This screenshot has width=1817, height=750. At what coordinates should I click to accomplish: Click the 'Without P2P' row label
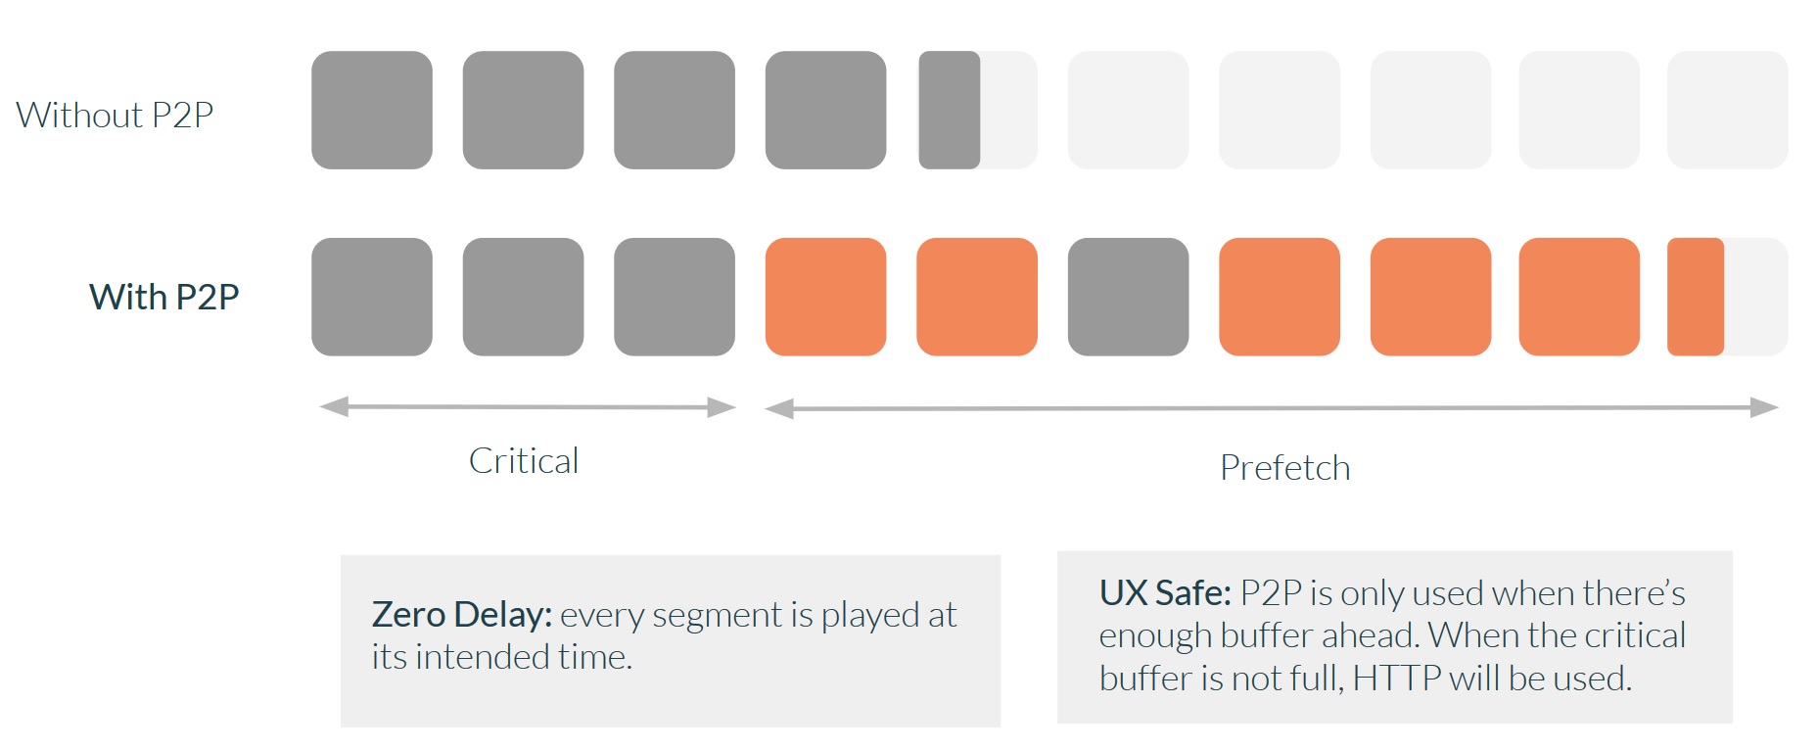(x=115, y=115)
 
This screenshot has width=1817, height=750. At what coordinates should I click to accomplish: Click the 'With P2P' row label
(x=164, y=297)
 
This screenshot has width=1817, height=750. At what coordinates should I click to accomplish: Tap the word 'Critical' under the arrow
(x=524, y=460)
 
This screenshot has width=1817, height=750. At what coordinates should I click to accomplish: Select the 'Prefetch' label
(x=1284, y=468)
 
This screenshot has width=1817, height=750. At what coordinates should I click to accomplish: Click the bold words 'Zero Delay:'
(x=462, y=615)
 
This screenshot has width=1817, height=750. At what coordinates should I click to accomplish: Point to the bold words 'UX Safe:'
(x=1165, y=593)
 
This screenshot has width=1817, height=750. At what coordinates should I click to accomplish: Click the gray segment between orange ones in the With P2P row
(x=1128, y=297)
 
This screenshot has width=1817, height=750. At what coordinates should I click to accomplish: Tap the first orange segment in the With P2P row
(x=825, y=297)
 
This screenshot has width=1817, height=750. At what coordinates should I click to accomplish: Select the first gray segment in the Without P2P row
(x=372, y=110)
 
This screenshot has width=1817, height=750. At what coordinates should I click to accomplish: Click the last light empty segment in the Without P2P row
(x=1727, y=110)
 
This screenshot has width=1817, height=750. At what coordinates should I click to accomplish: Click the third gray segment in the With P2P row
(x=675, y=297)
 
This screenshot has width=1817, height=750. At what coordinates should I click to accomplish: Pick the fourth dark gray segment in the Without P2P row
(x=825, y=110)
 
